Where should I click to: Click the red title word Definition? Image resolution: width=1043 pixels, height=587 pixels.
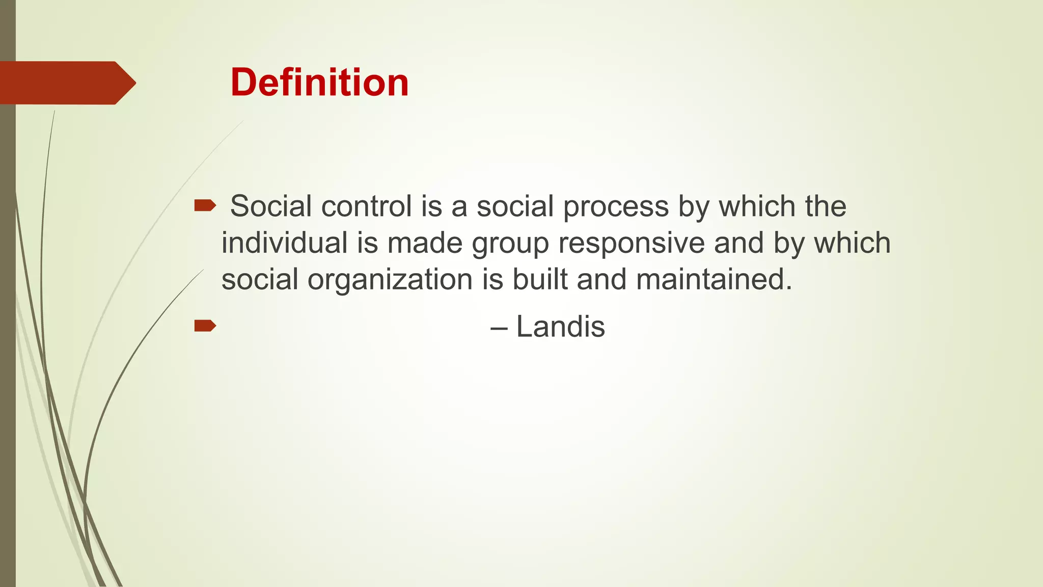coord(319,83)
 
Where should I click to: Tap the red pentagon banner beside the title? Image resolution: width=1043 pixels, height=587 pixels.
coord(66,83)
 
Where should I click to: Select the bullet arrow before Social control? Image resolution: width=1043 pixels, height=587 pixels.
coord(205,206)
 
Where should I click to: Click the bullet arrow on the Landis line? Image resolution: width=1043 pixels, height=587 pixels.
coord(205,326)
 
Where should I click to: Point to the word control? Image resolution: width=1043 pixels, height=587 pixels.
coord(366,206)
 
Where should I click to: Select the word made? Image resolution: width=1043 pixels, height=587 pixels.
coord(425,243)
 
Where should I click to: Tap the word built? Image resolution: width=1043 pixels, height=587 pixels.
coord(540,279)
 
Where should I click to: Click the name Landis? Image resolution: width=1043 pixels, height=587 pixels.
coord(560,326)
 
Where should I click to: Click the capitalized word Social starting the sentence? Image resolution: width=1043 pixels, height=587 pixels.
coord(271,206)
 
